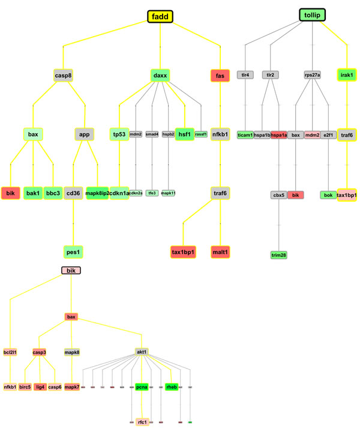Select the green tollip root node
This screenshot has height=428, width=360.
click(312, 14)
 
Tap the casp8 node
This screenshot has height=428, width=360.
click(63, 76)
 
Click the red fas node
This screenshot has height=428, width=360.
click(220, 76)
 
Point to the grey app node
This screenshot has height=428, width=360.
click(85, 134)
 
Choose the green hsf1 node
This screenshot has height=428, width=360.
click(184, 134)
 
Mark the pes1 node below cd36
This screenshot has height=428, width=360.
click(73, 251)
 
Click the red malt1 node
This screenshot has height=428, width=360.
click(220, 251)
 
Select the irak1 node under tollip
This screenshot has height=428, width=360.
click(347, 76)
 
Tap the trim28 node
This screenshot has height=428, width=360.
click(280, 255)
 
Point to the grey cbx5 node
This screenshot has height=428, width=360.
click(278, 195)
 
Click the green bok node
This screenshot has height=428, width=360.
click(328, 195)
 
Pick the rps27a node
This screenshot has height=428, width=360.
click(312, 76)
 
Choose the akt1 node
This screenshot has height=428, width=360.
click(142, 352)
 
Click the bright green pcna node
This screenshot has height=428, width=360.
click(142, 387)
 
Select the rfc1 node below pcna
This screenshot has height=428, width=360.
click(142, 422)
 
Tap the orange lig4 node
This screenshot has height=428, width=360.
click(40, 387)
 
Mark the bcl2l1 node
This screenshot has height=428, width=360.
click(10, 352)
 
